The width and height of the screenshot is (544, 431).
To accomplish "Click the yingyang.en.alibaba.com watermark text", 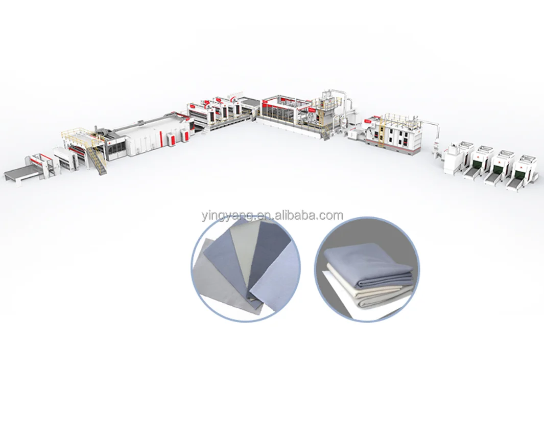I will point(271,215).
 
